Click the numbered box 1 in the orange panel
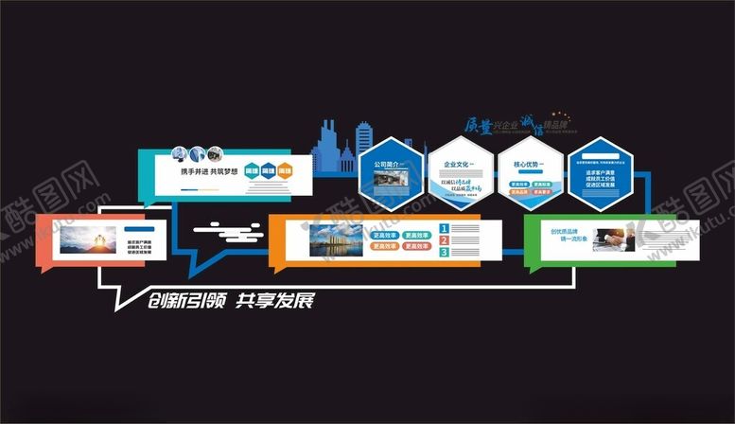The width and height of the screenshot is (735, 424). (444, 228)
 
